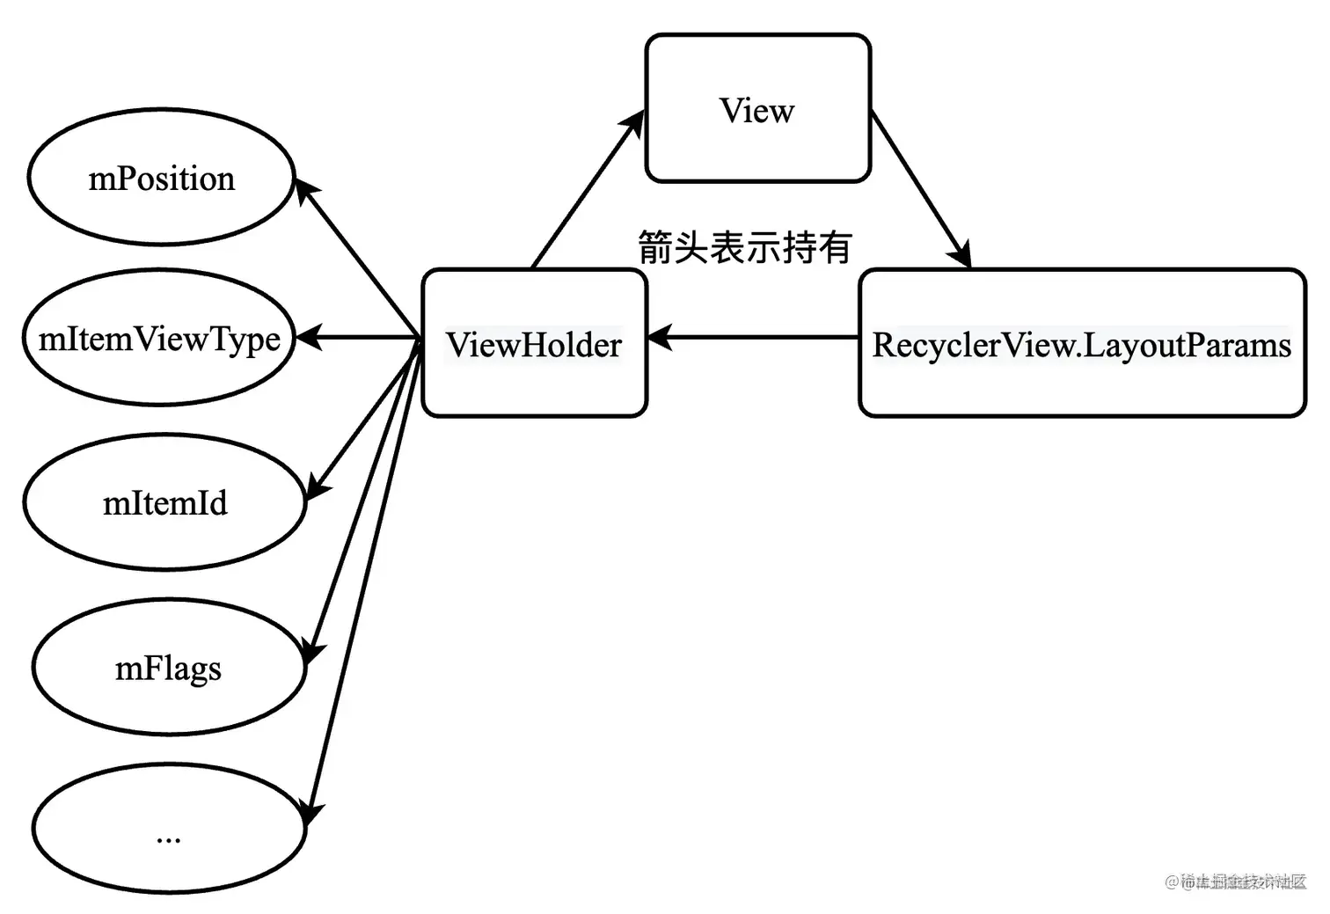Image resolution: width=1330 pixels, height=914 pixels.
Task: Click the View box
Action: click(x=757, y=108)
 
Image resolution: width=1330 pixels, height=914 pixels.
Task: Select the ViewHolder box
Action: click(x=534, y=343)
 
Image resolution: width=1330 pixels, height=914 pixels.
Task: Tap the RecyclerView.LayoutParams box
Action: click(x=1082, y=343)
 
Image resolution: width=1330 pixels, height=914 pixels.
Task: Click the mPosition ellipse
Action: click(x=161, y=178)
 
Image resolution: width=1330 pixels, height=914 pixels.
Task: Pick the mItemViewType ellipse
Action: click(x=159, y=338)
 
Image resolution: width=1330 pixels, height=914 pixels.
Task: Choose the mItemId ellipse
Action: click(x=164, y=502)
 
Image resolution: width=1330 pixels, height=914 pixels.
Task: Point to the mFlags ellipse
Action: click(x=168, y=668)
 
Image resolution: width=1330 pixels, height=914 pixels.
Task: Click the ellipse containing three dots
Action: click(x=168, y=829)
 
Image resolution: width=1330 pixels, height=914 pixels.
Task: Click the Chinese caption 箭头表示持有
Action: click(x=744, y=247)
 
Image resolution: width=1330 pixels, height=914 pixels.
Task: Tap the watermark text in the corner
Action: click(x=1235, y=881)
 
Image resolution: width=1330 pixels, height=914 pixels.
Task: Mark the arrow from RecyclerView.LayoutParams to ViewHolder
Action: click(x=753, y=337)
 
